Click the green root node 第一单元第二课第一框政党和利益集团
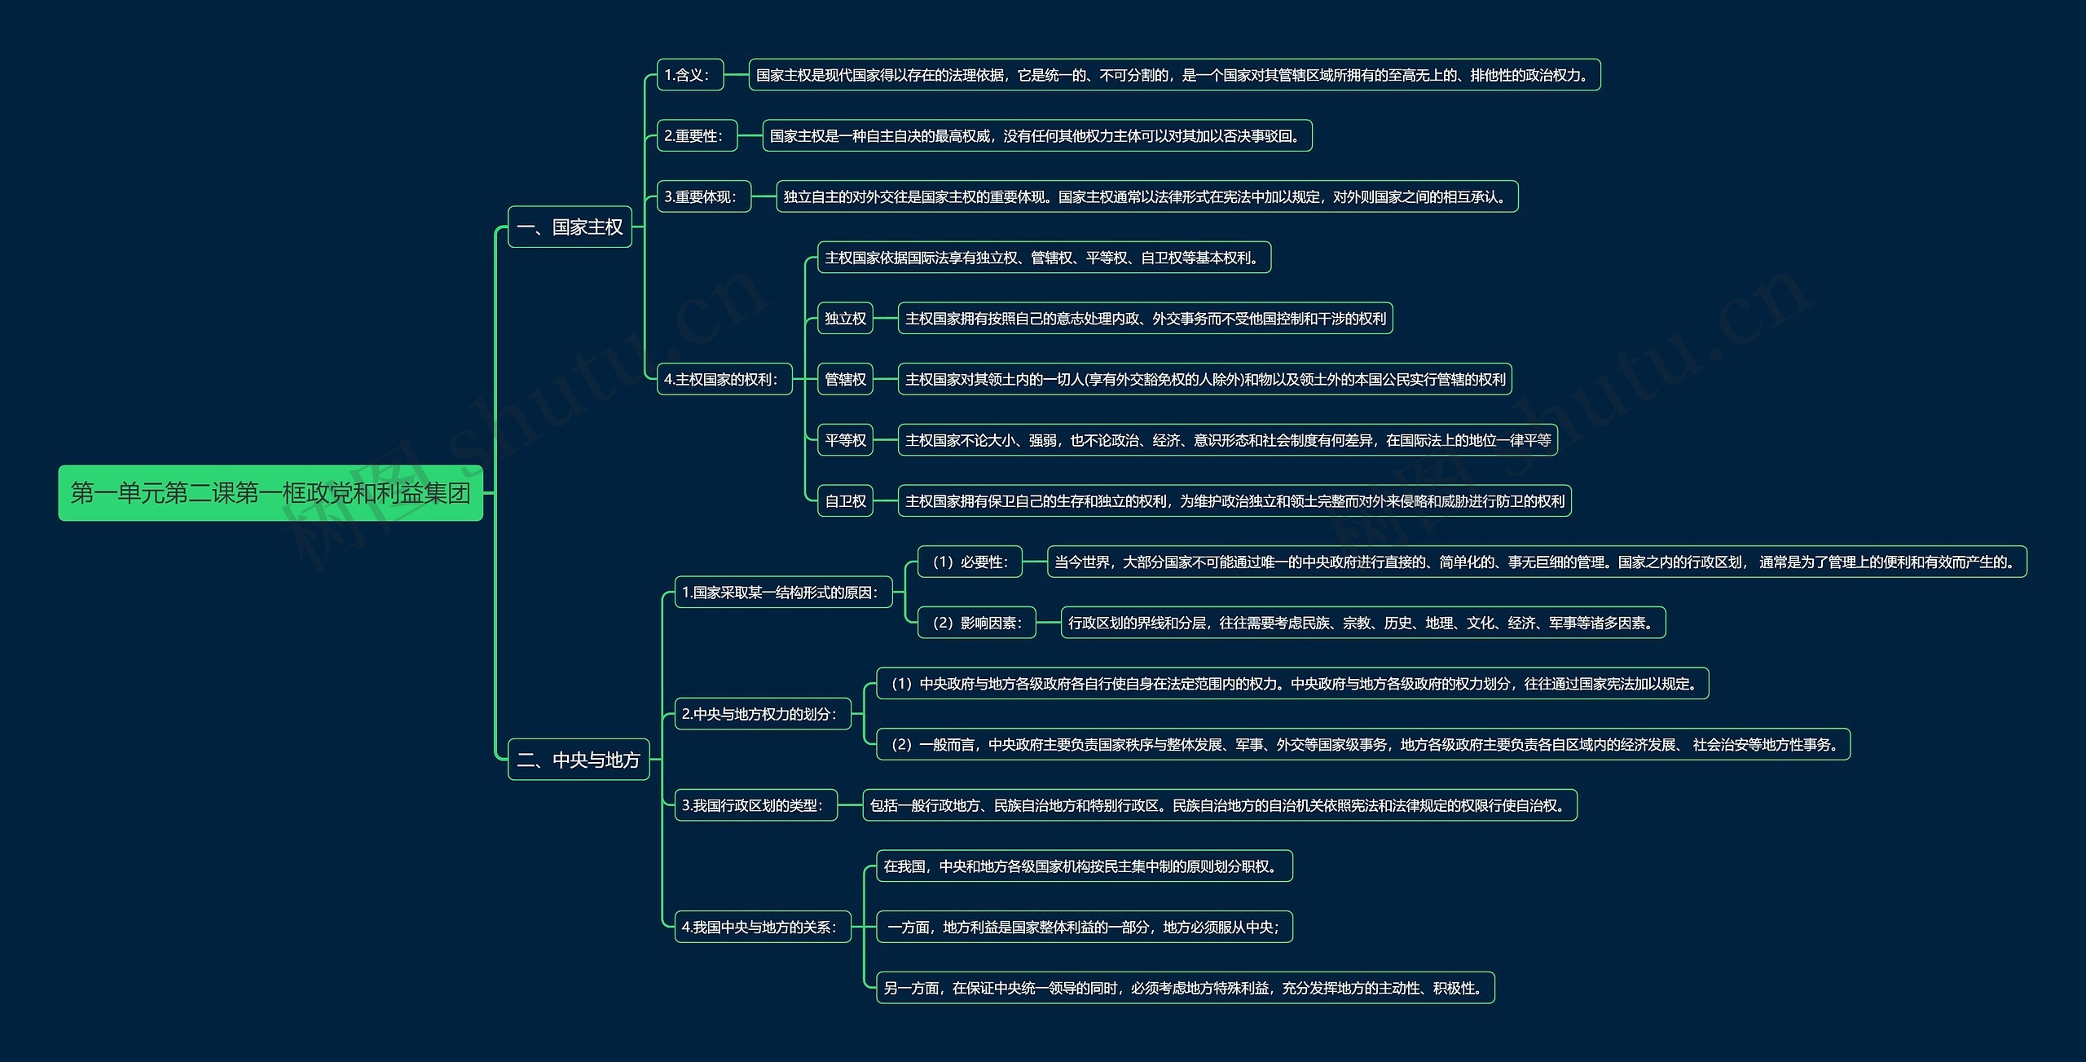pyautogui.click(x=270, y=493)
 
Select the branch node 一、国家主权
pyautogui.click(x=570, y=227)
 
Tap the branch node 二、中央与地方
pyautogui.click(x=579, y=760)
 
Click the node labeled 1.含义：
pyautogui.click(x=689, y=75)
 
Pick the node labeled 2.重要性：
pyautogui.click(x=697, y=136)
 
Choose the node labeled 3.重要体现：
pyautogui.click(x=703, y=196)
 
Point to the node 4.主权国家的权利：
pyautogui.click(x=724, y=379)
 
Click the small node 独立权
pyautogui.click(x=845, y=319)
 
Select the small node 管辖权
pyautogui.click(x=845, y=379)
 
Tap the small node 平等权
pyautogui.click(x=845, y=440)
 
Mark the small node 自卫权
pyautogui.click(x=845, y=501)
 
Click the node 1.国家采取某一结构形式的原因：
pyautogui.click(x=783, y=593)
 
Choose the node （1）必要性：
pyautogui.click(x=970, y=562)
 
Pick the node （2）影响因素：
pyautogui.click(x=976, y=623)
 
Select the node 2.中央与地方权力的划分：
pyautogui.click(x=762, y=714)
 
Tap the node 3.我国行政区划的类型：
pyautogui.click(x=755, y=805)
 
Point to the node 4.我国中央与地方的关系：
pyautogui.click(x=762, y=927)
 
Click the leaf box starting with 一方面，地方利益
pyautogui.click(x=1084, y=927)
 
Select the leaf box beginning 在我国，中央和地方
pyautogui.click(x=1084, y=866)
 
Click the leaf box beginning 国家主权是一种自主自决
pyautogui.click(x=1036, y=136)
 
